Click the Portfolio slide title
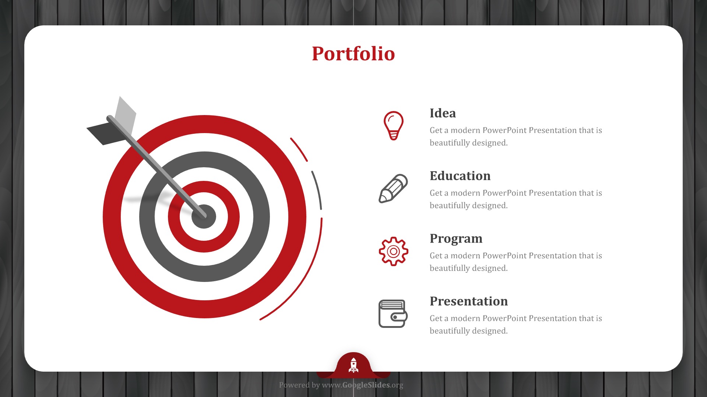coord(353,54)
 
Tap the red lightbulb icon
coord(393,126)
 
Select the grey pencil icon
coord(393,189)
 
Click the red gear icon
coord(393,251)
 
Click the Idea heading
coord(443,113)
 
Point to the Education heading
coord(460,176)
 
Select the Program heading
coord(456,239)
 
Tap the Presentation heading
coord(469,301)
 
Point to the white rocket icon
coord(353,365)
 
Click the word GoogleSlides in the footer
coord(366,385)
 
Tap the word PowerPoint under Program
coord(504,256)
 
